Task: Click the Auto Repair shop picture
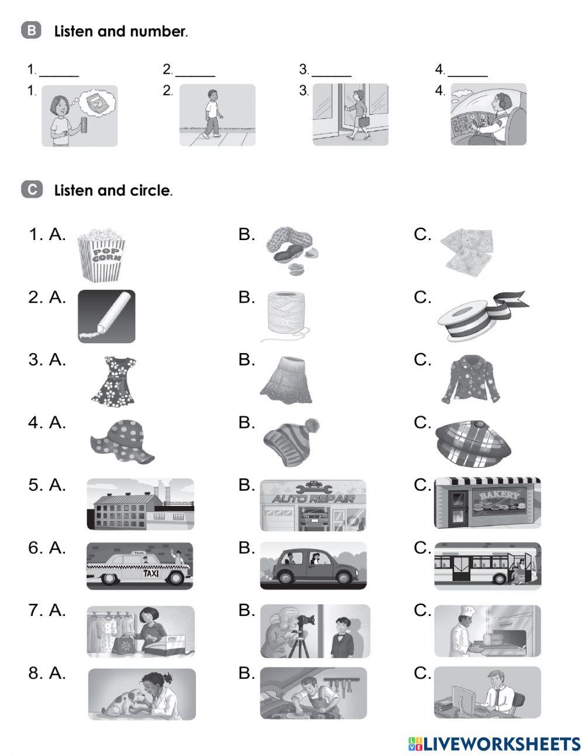(x=313, y=504)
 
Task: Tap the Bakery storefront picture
(x=487, y=503)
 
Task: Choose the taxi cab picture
(x=139, y=566)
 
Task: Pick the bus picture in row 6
(x=487, y=566)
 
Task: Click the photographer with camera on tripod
(x=315, y=631)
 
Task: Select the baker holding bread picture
(x=487, y=631)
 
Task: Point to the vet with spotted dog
(x=142, y=694)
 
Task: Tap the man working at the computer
(x=487, y=693)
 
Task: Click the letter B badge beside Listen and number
(x=32, y=30)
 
